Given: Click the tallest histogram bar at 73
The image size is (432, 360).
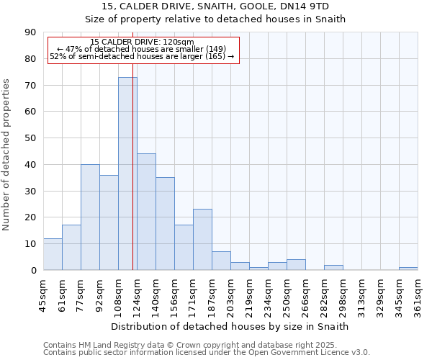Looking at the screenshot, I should coord(127,173).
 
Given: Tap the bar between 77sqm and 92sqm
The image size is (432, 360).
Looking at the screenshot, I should coord(90,217).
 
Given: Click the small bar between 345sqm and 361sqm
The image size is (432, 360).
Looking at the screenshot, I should coord(408,269).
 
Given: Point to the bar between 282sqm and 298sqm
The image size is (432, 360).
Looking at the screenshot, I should coord(333,267).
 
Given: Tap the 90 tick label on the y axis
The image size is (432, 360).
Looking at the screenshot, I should coord(30,32).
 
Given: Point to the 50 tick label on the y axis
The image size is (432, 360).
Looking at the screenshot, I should coord(30,138).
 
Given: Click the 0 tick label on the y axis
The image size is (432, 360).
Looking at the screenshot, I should coord(33,270).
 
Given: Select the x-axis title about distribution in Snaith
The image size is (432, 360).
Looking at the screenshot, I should coord(230,326).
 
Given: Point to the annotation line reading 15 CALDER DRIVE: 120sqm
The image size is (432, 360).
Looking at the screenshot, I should coord(143,42).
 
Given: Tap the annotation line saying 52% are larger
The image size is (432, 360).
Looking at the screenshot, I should coord(142,56).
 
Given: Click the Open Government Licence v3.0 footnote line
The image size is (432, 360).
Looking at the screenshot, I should coord(207,353).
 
